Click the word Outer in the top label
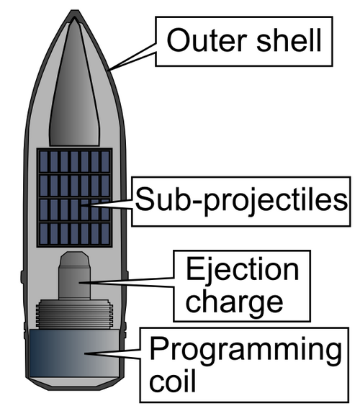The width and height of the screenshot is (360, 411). [x=207, y=40]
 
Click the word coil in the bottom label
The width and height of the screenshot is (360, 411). [x=172, y=380]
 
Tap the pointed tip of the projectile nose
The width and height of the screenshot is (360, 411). [x=75, y=11]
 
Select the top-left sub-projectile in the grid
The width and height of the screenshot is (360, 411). [x=44, y=162]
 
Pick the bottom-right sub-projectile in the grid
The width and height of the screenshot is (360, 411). [x=105, y=233]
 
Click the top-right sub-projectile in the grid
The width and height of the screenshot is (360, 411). [x=105, y=162]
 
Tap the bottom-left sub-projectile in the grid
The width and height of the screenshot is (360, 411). [x=44, y=233]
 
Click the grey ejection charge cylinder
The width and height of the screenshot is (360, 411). [x=74, y=275]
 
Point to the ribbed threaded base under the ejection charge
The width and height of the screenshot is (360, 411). [x=74, y=314]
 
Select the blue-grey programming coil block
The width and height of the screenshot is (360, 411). [x=74, y=353]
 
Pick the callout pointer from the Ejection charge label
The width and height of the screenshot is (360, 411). [x=127, y=283]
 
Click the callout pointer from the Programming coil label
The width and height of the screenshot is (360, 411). [x=112, y=353]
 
